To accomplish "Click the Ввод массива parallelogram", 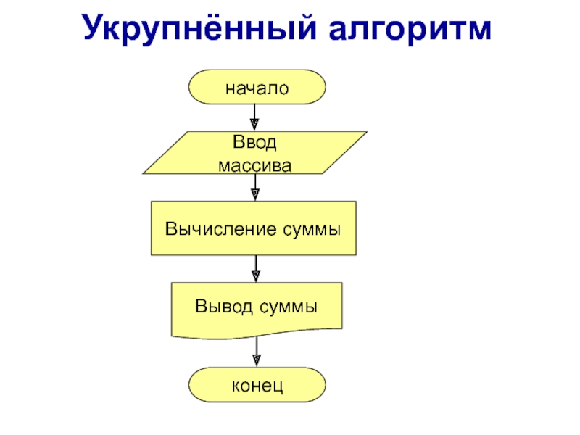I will click(254, 153).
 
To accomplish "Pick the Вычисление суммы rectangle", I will click(254, 228).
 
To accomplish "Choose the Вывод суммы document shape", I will click(256, 307).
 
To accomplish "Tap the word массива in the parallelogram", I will click(255, 166).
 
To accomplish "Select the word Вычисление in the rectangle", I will click(215, 229).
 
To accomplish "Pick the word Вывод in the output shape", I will click(220, 307).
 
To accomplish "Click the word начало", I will click(256, 88).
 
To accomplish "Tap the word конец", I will click(256, 385).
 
